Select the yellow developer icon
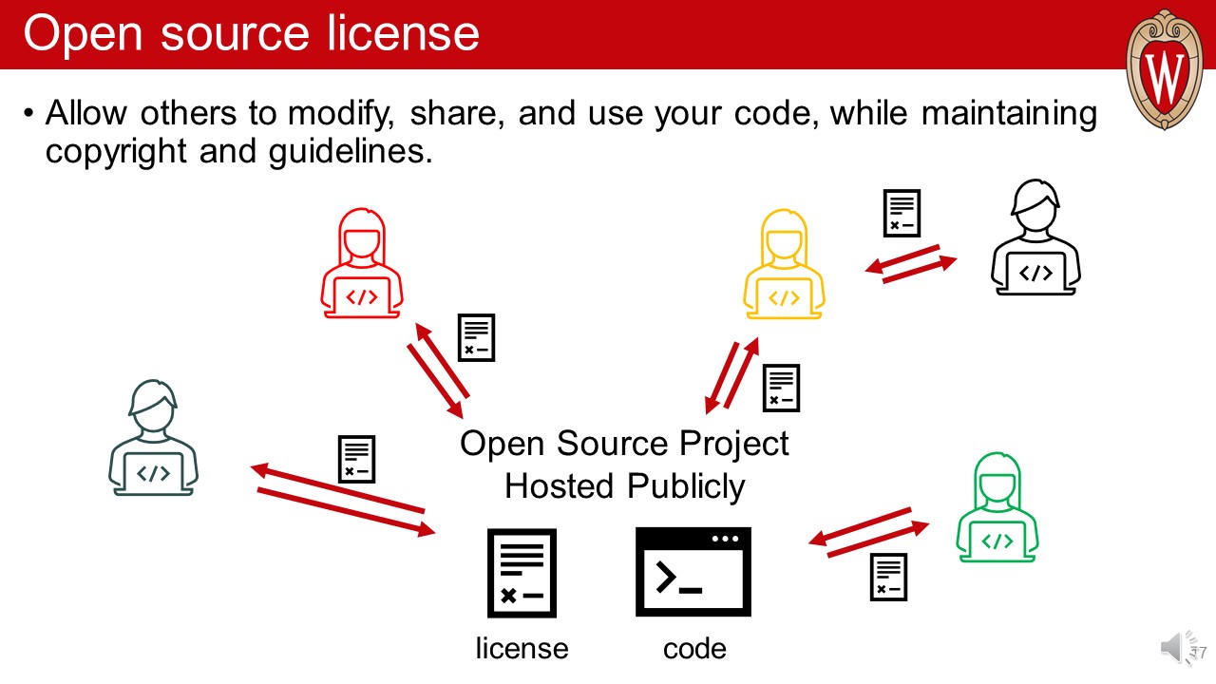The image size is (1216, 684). click(x=784, y=265)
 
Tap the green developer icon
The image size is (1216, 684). click(x=997, y=508)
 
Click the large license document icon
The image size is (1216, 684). click(x=522, y=573)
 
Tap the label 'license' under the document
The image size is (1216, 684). click(x=522, y=649)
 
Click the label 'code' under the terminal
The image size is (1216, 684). click(x=694, y=649)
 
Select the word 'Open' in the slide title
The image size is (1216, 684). click(x=84, y=34)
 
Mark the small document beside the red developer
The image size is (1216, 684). click(x=476, y=338)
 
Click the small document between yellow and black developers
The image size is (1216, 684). click(x=902, y=214)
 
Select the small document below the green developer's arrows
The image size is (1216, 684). click(x=888, y=577)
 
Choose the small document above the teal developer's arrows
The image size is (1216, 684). click(x=357, y=459)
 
